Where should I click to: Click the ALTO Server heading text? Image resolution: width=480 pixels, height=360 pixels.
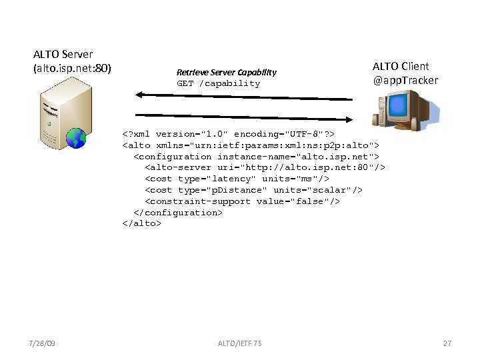tap(63, 54)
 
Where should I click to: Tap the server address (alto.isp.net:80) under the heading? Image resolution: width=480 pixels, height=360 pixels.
tap(72, 67)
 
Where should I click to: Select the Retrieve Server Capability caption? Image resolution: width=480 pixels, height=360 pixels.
tap(226, 72)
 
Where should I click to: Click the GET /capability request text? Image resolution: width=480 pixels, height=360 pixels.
tap(218, 83)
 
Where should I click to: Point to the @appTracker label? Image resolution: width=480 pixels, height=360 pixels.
tap(406, 80)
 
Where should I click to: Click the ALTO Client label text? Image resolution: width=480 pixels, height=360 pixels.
tap(401, 66)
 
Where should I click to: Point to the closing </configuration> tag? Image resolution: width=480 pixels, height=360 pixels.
tap(177, 213)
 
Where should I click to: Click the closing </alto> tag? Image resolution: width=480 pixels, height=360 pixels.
tap(141, 224)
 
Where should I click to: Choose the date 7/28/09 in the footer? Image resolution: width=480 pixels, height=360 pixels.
tap(43, 343)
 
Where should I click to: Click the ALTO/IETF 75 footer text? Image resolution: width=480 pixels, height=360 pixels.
tap(240, 343)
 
